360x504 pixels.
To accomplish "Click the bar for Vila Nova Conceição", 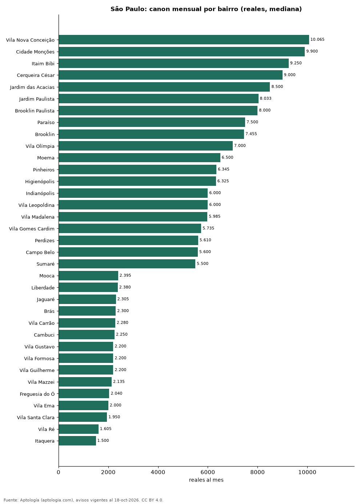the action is pyautogui.click(x=184, y=40).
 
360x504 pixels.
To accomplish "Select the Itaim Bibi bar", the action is pyautogui.click(x=174, y=63).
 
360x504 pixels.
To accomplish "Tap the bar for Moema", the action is pyautogui.click(x=140, y=157).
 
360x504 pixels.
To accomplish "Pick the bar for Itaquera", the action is pyautogui.click(x=77, y=441).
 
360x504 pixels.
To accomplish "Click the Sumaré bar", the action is pyautogui.click(x=127, y=264).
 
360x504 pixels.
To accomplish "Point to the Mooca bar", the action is pyautogui.click(x=88, y=276).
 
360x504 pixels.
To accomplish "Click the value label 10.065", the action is pyautogui.click(x=317, y=39).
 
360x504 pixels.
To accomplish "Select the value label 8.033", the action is pyautogui.click(x=265, y=98).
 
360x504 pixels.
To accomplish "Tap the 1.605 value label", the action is pyautogui.click(x=105, y=429).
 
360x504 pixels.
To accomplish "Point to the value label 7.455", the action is pyautogui.click(x=251, y=134).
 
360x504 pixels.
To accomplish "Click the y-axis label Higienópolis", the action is pyautogui.click(x=40, y=181).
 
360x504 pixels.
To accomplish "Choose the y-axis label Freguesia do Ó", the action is pyautogui.click(x=37, y=394).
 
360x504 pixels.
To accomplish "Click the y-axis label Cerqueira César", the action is pyautogui.click(x=36, y=75).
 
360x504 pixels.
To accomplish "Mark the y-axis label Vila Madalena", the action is pyautogui.click(x=38, y=217).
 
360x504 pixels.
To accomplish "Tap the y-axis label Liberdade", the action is pyautogui.click(x=43, y=288).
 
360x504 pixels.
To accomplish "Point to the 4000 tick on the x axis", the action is pyautogui.click(x=158, y=472).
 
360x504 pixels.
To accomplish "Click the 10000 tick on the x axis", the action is pyautogui.click(x=307, y=472).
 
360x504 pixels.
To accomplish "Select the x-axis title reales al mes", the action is pyautogui.click(x=206, y=480).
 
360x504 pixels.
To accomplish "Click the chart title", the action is pyautogui.click(x=206, y=9).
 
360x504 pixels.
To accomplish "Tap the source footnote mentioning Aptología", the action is pyautogui.click(x=84, y=500).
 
